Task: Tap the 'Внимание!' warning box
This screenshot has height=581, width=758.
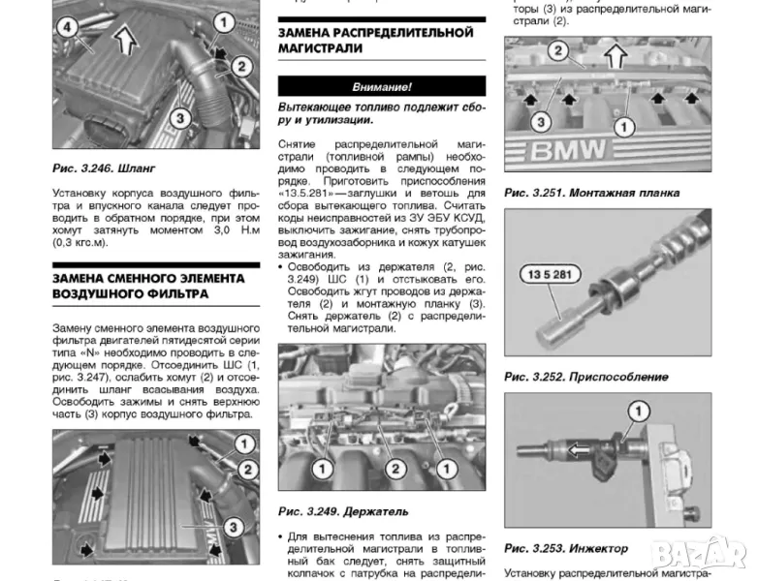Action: click(381, 86)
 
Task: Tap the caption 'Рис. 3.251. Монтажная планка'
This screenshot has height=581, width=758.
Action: click(590, 193)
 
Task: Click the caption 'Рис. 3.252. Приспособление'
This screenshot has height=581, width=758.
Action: click(585, 377)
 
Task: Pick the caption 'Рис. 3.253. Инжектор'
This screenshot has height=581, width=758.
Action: click(566, 548)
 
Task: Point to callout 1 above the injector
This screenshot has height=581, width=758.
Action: click(636, 410)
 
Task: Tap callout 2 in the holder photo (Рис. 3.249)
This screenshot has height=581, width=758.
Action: click(395, 468)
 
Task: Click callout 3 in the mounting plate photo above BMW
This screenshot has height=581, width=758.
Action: click(541, 123)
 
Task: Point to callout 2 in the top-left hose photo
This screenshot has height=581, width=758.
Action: click(241, 67)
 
